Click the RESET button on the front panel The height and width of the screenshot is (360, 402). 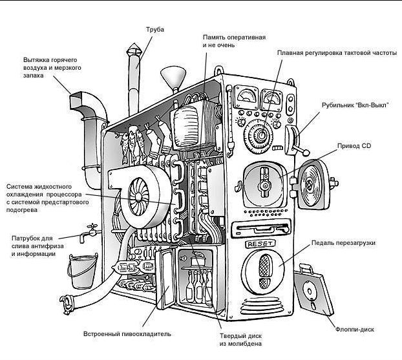[x=260, y=244]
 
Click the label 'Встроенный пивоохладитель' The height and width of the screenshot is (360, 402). [x=127, y=335]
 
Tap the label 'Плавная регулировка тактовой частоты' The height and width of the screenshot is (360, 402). [x=336, y=53]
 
